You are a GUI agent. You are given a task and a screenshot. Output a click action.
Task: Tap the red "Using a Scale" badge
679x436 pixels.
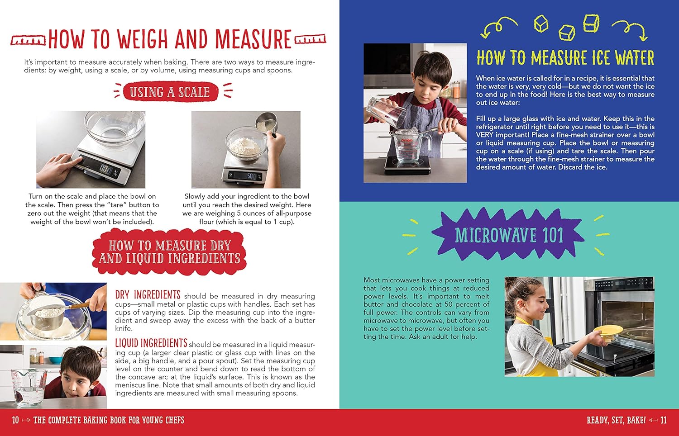(170, 92)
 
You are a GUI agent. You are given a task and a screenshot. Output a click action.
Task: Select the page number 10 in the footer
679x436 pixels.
(15, 420)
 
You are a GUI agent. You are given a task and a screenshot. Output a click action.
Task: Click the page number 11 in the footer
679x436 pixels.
(663, 420)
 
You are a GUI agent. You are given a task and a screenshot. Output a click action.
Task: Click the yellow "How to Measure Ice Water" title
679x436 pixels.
(565, 58)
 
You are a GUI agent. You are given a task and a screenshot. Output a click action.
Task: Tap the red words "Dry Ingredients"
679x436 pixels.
(148, 295)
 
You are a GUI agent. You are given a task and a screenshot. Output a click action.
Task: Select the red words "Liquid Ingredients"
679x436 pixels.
(151, 343)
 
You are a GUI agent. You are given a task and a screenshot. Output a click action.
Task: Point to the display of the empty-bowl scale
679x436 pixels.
(105, 169)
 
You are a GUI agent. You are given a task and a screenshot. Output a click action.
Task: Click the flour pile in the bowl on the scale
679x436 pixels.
(245, 145)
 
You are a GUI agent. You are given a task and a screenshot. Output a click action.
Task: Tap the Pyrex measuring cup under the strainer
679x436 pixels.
(410, 147)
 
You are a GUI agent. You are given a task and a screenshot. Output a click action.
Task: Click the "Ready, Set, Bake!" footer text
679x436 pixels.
(616, 420)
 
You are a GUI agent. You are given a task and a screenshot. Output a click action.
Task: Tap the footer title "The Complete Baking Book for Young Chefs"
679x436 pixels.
(109, 420)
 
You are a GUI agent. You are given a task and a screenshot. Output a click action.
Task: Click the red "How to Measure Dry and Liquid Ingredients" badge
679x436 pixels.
(170, 252)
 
